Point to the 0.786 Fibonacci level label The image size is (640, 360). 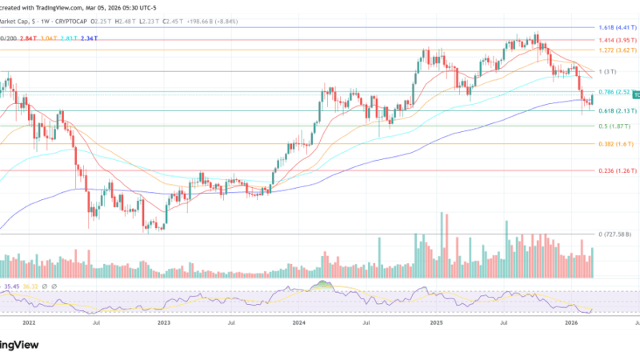[x=613, y=91]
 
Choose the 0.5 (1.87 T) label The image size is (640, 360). [x=615, y=126]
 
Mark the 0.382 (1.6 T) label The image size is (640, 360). [x=617, y=144]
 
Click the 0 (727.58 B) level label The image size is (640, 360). [x=617, y=234]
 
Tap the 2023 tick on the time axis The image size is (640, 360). [x=164, y=322]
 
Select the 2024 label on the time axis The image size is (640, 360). [x=298, y=322]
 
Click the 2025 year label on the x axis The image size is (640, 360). [x=436, y=322]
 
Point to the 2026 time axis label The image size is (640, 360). [x=571, y=322]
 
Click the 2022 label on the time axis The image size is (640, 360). [x=29, y=322]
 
